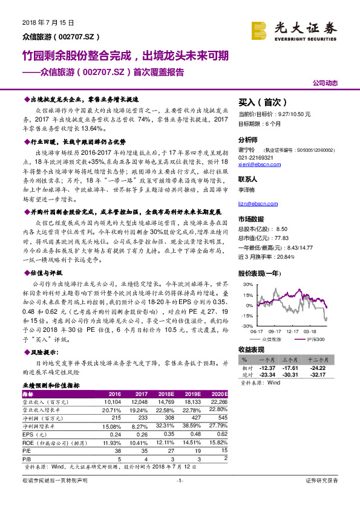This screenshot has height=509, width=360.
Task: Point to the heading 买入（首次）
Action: point(262,102)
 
